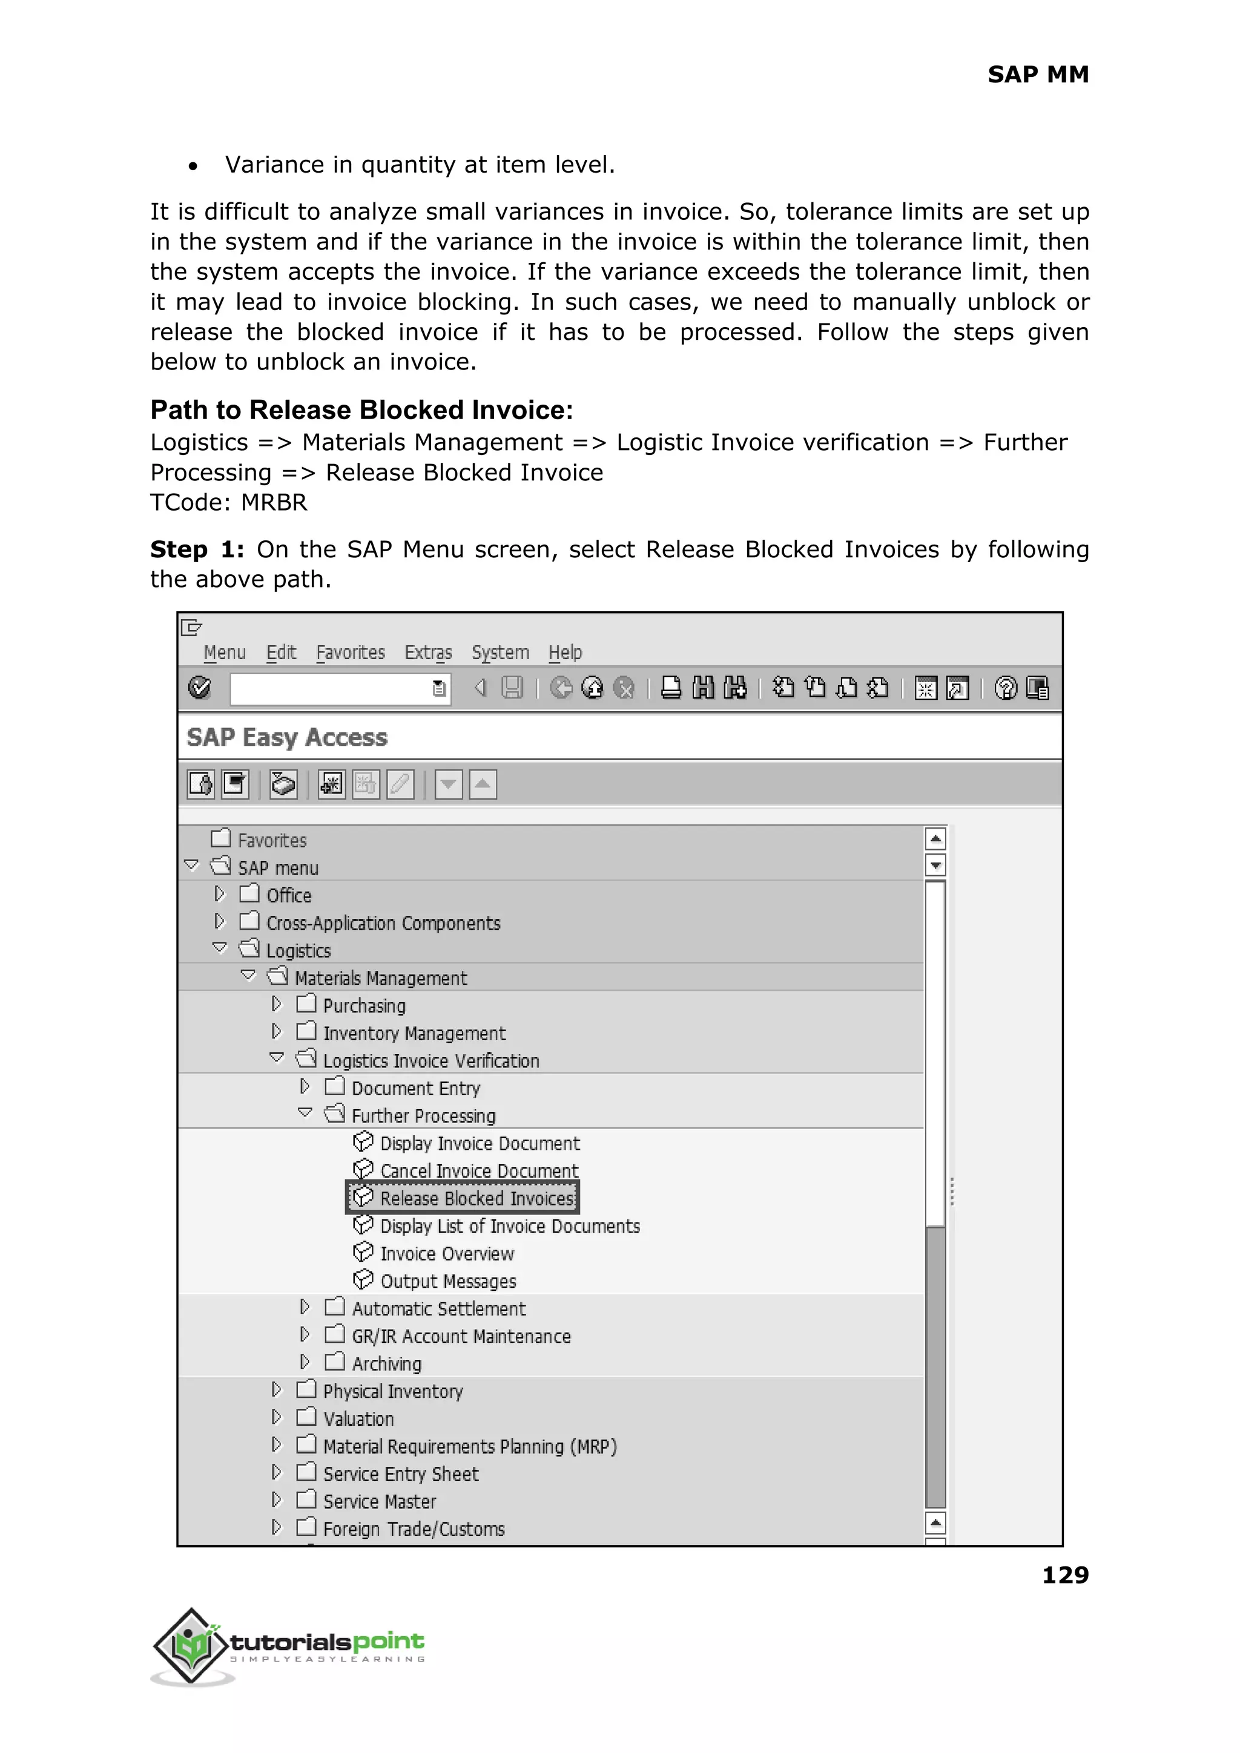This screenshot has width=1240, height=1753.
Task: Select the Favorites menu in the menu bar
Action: (x=351, y=652)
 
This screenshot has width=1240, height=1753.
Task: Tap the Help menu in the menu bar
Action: (x=565, y=652)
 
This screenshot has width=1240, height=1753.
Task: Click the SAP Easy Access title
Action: (x=287, y=737)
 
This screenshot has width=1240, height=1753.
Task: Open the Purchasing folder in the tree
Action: (x=364, y=1005)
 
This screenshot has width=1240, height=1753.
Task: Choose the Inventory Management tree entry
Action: (x=414, y=1033)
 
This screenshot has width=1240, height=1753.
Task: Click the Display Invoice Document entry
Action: (x=480, y=1144)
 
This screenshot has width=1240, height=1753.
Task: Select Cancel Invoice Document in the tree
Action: (x=479, y=1171)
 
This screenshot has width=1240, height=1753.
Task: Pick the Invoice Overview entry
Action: (x=447, y=1253)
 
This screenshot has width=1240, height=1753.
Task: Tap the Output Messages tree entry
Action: (x=448, y=1281)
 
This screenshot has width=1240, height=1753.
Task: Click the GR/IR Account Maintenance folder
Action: (x=461, y=1336)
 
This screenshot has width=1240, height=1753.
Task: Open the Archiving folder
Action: (x=386, y=1364)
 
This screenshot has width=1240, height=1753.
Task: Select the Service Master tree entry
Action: (x=380, y=1501)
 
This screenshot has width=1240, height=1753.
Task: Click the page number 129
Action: (x=1065, y=1574)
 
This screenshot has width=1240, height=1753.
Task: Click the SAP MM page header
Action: (x=1038, y=74)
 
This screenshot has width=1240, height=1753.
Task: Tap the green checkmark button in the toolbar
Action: (x=200, y=688)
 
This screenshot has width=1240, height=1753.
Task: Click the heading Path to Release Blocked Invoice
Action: (x=361, y=410)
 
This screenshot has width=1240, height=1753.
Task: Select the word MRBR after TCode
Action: (x=274, y=503)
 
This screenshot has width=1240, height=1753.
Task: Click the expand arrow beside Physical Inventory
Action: (x=277, y=1390)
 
